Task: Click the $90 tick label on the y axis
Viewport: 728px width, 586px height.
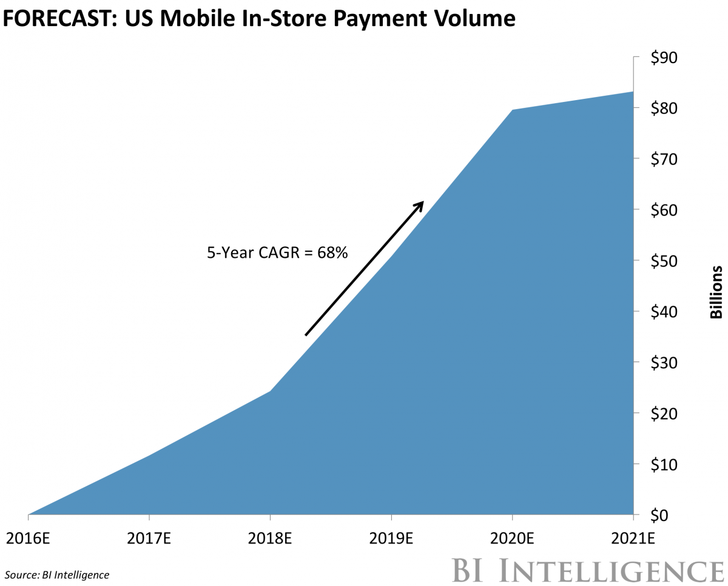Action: pos(664,58)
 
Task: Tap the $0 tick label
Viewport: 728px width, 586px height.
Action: pos(660,515)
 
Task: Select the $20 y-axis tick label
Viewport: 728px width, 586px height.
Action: pos(664,413)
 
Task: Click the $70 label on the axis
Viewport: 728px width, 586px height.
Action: pos(664,159)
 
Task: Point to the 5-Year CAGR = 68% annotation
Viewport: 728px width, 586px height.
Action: pos(277,252)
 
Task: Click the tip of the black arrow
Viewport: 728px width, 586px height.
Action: pos(422,202)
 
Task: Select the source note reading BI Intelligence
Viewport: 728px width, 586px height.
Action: pos(57,574)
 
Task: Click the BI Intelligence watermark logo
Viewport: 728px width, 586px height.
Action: pos(588,570)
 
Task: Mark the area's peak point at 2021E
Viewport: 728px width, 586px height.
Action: pos(633,92)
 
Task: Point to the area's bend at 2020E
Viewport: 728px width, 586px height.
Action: pos(513,110)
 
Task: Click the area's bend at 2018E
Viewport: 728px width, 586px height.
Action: pos(270,391)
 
